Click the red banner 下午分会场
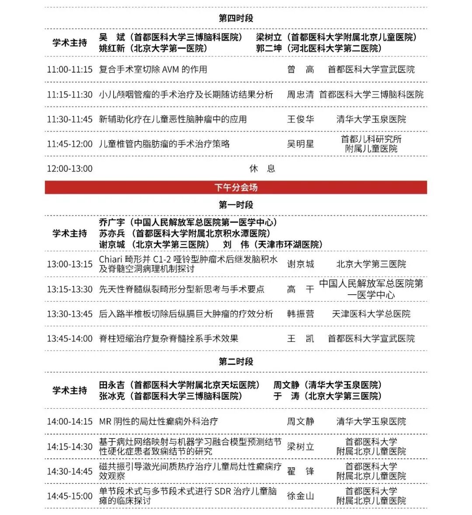[236, 188]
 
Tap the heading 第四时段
[236, 18]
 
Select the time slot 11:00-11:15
[70, 70]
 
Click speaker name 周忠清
[300, 94]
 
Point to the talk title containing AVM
[153, 70]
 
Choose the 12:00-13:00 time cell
[70, 169]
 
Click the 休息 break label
[262, 169]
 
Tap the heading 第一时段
[236, 205]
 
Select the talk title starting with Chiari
[188, 264]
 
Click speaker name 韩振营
[300, 314]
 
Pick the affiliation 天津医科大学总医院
[371, 314]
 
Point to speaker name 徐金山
[300, 496]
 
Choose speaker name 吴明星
[300, 144]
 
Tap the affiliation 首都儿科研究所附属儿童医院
[371, 144]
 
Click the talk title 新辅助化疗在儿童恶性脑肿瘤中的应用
[173, 119]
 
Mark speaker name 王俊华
[300, 119]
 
